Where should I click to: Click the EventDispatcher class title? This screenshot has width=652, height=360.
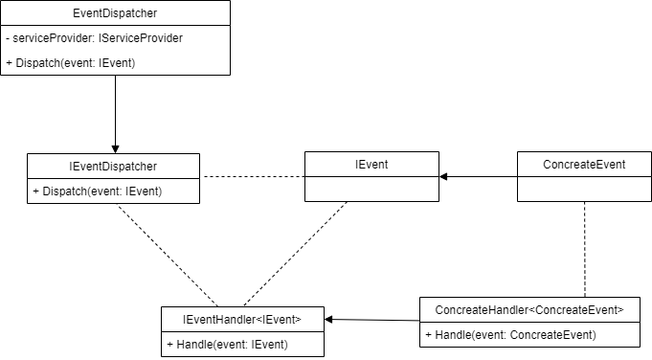(115, 13)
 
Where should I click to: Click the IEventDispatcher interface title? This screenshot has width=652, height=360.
(114, 166)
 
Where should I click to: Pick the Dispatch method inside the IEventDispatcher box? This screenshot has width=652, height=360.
(97, 191)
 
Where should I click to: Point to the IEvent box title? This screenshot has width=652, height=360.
(371, 165)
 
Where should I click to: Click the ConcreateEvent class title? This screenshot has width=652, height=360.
(583, 165)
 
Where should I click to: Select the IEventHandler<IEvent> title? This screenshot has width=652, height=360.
(243, 319)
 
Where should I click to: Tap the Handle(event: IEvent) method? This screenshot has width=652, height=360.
(227, 344)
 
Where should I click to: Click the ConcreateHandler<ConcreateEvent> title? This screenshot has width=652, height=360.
(528, 309)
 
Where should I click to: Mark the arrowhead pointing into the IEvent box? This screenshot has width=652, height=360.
(445, 177)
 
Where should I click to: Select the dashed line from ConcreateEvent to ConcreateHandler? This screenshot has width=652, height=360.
(584, 249)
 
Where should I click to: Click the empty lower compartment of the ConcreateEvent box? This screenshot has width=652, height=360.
(583, 190)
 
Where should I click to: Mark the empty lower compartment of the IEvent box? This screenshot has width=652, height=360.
(371, 190)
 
